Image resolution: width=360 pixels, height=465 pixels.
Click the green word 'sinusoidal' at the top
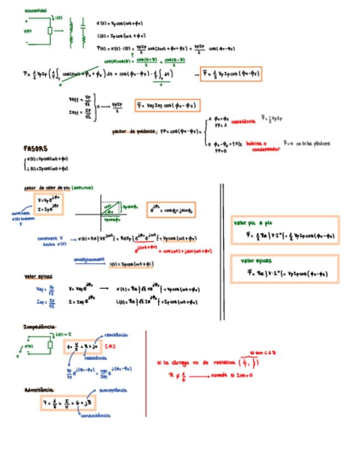click(36, 10)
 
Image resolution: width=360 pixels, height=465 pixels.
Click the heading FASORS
click(35, 149)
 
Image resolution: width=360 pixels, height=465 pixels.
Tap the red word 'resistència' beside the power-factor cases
click(243, 121)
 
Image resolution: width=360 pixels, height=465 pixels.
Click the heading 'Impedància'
click(38, 327)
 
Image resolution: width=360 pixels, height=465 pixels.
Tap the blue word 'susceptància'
click(114, 390)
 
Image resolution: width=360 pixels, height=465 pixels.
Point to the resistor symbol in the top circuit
click(50, 30)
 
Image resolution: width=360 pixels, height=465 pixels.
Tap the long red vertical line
click(146, 373)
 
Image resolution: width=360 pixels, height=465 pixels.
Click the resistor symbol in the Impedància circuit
click(50, 344)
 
